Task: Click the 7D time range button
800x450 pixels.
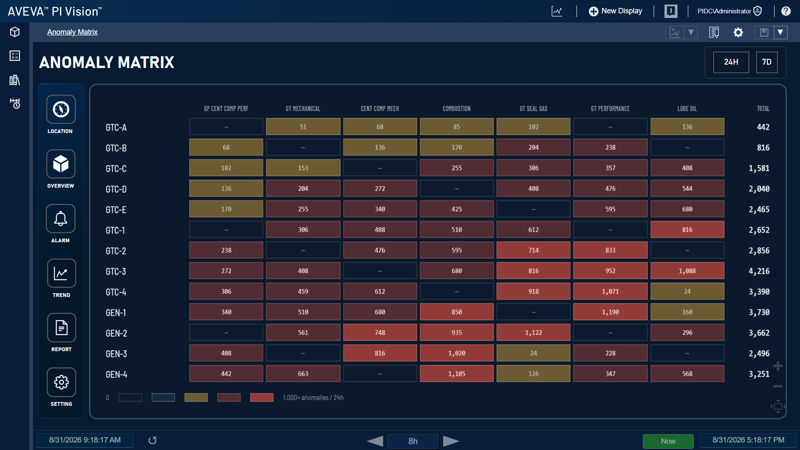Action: click(766, 62)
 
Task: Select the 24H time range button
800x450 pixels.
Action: click(731, 62)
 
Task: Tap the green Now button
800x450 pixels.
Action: click(668, 441)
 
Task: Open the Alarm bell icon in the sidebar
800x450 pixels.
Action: click(61, 219)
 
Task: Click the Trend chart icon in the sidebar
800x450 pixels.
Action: click(61, 273)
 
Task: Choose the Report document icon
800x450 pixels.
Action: click(61, 327)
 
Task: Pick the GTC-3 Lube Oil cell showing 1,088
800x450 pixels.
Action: click(687, 271)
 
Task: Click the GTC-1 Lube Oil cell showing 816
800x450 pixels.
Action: click(687, 229)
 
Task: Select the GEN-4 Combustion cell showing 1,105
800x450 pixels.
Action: click(456, 374)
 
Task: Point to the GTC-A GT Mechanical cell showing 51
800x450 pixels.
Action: click(303, 127)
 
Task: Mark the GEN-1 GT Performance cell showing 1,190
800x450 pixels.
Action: click(610, 312)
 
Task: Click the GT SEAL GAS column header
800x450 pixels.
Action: click(533, 109)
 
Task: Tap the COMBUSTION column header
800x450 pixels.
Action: click(456, 109)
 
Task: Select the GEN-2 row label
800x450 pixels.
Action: click(116, 333)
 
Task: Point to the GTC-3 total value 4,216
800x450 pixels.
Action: click(759, 271)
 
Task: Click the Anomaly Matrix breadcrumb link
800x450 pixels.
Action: click(72, 32)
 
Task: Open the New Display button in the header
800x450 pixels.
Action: click(615, 11)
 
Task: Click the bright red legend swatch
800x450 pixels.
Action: click(261, 397)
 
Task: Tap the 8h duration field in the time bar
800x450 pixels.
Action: click(413, 441)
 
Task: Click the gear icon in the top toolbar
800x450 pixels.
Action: click(738, 32)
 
